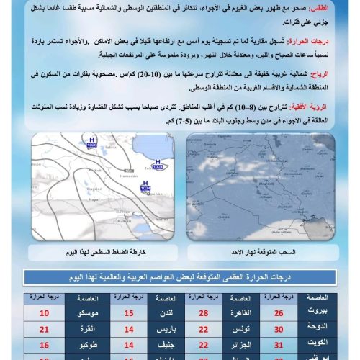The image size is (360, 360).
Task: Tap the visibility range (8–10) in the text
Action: (x=250, y=105)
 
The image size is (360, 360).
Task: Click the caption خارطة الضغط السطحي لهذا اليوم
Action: (x=104, y=251)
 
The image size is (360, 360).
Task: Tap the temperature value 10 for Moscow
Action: (x=45, y=313)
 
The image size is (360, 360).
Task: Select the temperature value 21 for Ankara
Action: (x=45, y=329)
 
